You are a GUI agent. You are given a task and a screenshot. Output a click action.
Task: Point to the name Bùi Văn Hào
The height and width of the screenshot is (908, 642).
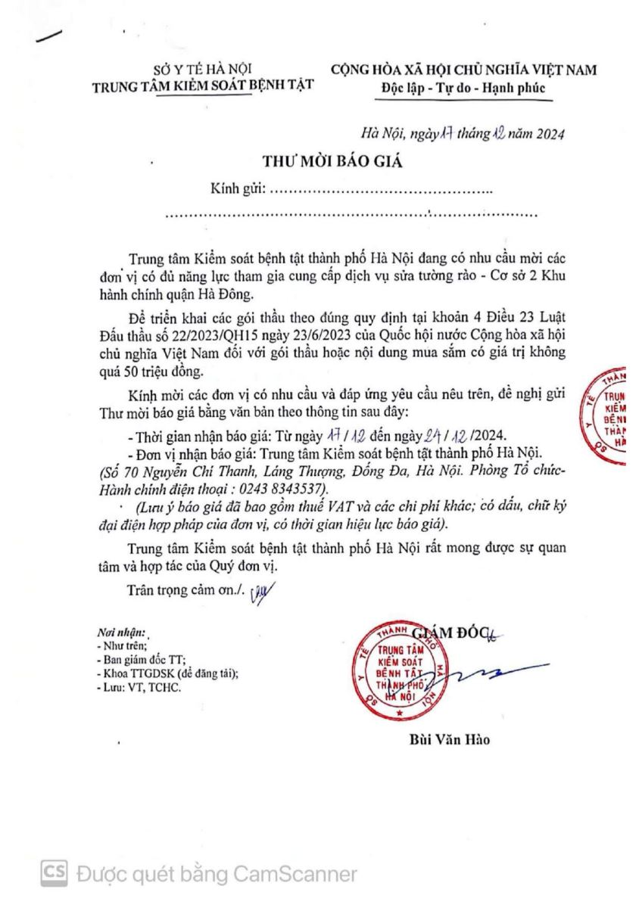[444, 739]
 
